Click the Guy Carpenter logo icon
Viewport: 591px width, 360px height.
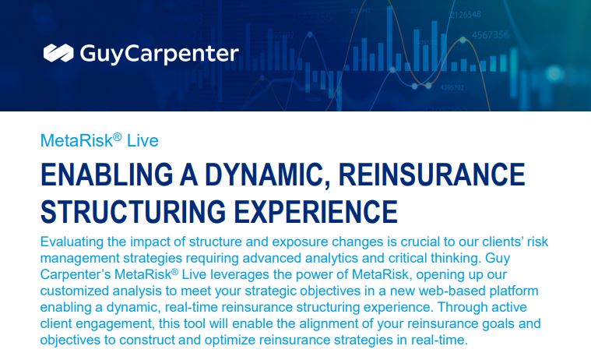pyautogui.click(x=58, y=53)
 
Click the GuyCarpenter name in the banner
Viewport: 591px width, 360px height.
pyautogui.click(x=159, y=54)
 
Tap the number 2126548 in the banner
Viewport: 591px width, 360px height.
pyautogui.click(x=466, y=15)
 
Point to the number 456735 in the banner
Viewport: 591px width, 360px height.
pyautogui.click(x=491, y=35)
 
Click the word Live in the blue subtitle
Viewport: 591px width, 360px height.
pyautogui.click(x=142, y=141)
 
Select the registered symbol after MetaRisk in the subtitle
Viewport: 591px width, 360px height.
pyautogui.click(x=118, y=136)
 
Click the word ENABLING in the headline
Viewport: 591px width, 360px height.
pyautogui.click(x=107, y=175)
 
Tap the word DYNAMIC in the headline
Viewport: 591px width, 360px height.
pyautogui.click(x=267, y=175)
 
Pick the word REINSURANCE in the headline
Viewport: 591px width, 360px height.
pyautogui.click(x=431, y=175)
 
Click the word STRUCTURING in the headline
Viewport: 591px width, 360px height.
pyautogui.click(x=133, y=211)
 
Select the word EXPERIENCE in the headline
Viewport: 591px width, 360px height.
pyautogui.click(x=316, y=211)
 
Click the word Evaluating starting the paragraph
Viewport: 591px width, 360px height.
pyautogui.click(x=72, y=242)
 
